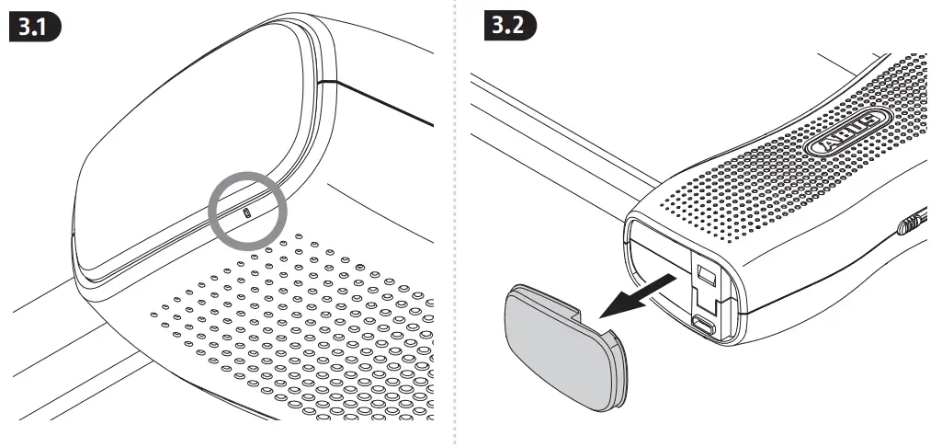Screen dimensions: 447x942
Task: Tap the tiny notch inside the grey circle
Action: click(246, 211)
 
